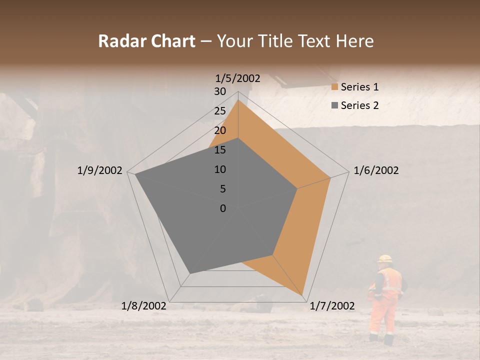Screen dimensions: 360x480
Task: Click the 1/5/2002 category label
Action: coord(238,78)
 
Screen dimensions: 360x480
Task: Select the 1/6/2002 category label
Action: coord(376,170)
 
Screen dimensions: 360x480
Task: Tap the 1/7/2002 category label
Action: coord(332,306)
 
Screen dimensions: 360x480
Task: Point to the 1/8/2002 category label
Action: coord(144,306)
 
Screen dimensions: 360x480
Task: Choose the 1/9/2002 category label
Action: coord(100,170)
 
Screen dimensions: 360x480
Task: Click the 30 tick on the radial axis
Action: coord(220,91)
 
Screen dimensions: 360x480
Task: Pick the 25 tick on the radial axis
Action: coord(220,111)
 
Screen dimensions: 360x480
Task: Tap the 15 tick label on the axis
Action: coord(220,150)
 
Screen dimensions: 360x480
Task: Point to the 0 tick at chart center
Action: coord(223,208)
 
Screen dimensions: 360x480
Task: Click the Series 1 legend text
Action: coord(359,87)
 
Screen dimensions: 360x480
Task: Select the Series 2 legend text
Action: coord(359,105)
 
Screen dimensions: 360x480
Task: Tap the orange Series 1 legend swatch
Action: coord(335,87)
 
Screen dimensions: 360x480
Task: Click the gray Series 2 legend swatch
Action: coord(335,105)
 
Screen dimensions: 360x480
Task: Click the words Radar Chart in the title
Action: coord(146,41)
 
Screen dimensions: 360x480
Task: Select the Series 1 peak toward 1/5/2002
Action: coord(238,100)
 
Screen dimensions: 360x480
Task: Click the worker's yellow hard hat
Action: coord(384,258)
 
